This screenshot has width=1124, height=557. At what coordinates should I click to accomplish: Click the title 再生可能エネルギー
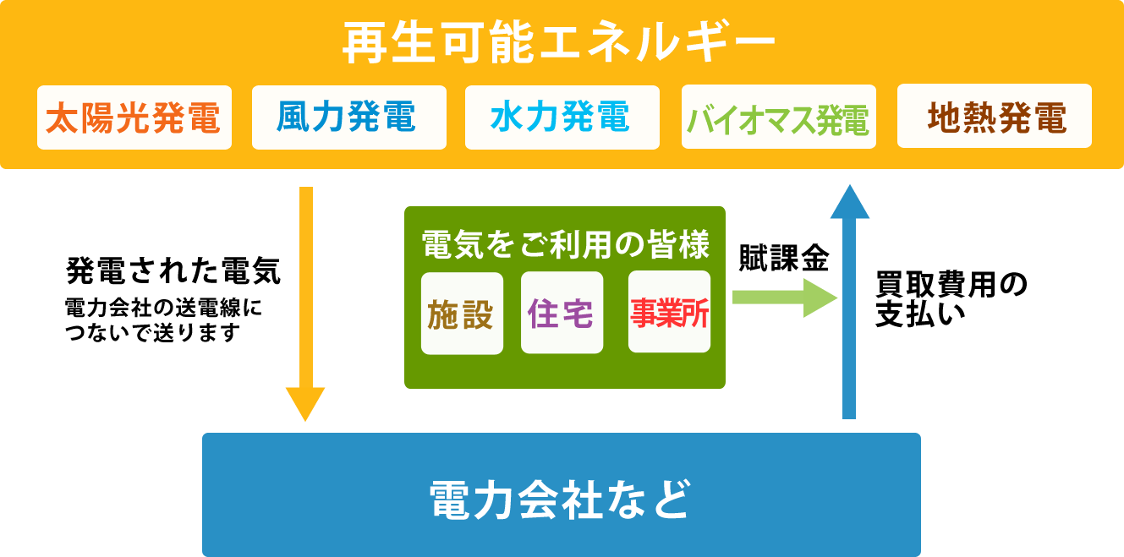tap(559, 42)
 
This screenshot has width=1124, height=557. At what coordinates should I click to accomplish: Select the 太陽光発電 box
tap(134, 117)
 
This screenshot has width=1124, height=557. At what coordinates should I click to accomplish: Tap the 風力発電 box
tap(349, 117)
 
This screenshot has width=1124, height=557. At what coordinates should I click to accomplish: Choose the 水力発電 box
tap(562, 117)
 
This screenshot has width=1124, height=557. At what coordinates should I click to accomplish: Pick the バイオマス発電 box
tap(779, 117)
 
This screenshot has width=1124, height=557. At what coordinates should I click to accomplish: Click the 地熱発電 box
tap(995, 116)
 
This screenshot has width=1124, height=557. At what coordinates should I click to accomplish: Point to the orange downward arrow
tap(305, 303)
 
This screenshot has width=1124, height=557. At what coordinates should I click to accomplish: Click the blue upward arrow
tap(849, 301)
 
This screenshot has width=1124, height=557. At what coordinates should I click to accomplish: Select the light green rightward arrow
tap(785, 298)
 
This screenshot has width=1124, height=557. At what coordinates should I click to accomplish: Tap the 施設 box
tap(462, 314)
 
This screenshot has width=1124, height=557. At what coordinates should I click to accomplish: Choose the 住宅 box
tap(562, 313)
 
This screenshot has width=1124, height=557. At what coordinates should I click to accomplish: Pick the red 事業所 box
tap(669, 312)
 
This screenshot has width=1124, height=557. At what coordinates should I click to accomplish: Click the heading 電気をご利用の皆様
tap(566, 244)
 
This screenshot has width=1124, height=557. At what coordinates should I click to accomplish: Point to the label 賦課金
tap(784, 258)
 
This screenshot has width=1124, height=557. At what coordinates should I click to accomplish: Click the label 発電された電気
tap(173, 270)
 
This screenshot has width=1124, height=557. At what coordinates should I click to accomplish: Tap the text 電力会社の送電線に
tap(163, 308)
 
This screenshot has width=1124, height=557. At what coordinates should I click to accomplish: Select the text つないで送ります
tap(153, 332)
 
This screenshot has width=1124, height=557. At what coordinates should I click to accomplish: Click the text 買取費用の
tap(951, 284)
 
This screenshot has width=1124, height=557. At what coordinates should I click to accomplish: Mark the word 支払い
tap(921, 314)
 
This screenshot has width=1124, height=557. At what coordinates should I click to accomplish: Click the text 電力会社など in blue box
tap(561, 500)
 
